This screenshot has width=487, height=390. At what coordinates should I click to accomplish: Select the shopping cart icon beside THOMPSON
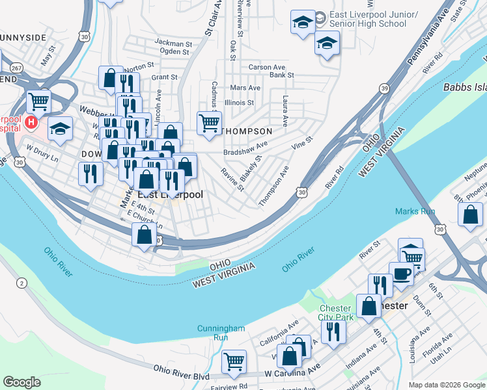coord(209,122)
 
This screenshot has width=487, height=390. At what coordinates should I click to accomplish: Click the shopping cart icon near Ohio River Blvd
coord(234,361)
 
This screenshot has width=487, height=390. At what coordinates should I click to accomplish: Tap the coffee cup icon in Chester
coord(400,273)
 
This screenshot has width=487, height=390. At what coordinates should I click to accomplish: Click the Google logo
coord(21,382)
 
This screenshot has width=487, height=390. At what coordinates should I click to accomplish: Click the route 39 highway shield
coord(385,88)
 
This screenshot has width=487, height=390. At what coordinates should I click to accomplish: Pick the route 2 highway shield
coord(21,283)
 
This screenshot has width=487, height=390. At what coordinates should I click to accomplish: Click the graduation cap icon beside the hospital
coord(60,129)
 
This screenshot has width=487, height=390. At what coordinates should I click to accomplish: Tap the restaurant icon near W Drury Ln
coord(90,173)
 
